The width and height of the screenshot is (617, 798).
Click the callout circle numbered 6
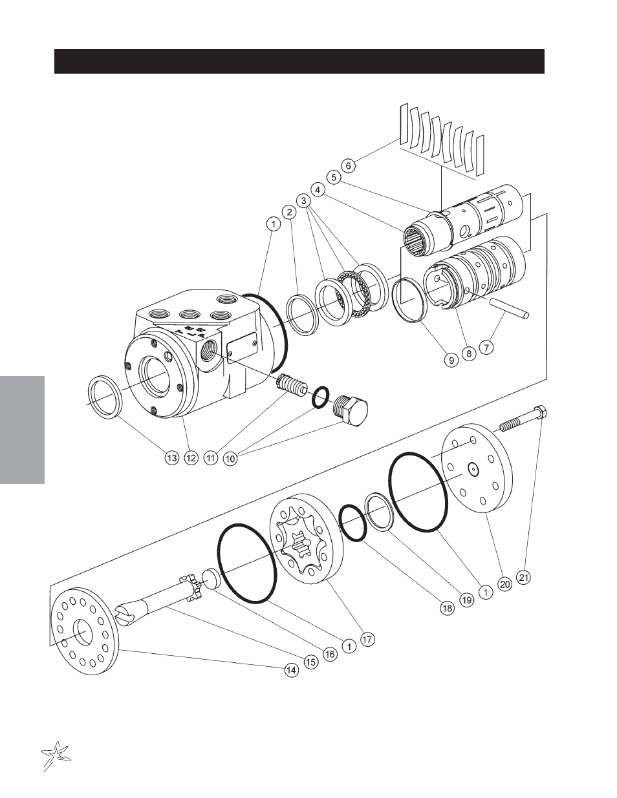coord(349,165)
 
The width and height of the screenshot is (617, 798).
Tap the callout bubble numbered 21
coord(524,578)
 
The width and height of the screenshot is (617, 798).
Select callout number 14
coord(292,670)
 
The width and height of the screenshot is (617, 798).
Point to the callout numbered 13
coord(171,458)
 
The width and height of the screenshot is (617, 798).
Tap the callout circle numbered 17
coord(367,639)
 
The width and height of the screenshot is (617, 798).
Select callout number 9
coord(451,361)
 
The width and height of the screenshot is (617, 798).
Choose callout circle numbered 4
coord(318,190)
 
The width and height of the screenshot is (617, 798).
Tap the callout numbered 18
coord(448,609)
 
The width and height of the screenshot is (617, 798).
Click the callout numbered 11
coord(211,458)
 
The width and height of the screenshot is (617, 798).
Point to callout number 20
coord(505,584)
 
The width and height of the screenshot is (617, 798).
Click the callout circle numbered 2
coord(289,212)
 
